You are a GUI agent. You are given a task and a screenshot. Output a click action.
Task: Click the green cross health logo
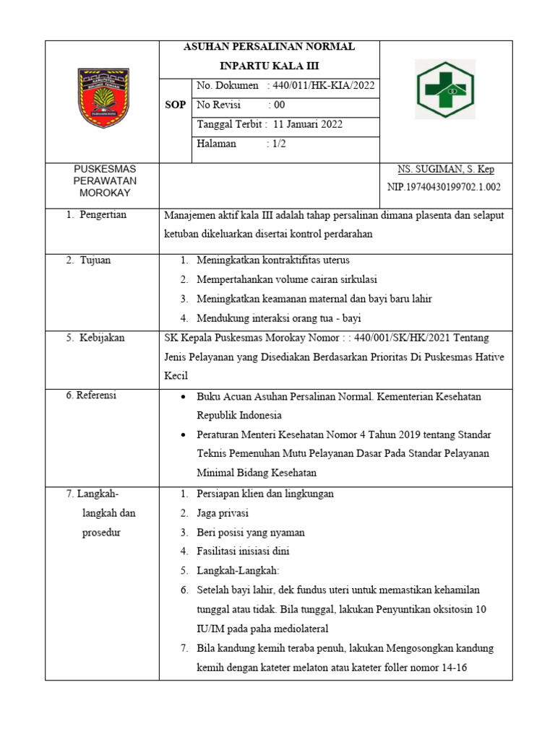(x=445, y=89)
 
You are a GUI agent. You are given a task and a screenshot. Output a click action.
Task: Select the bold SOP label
(x=176, y=105)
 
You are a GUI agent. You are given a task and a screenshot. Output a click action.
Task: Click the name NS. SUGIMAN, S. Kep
(x=446, y=170)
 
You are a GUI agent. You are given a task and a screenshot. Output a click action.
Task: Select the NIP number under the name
(x=444, y=187)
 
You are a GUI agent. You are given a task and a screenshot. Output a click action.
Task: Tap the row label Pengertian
(x=100, y=215)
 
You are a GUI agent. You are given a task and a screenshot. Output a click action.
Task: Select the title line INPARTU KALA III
(x=268, y=65)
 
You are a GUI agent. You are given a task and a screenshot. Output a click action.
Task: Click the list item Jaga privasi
(x=223, y=513)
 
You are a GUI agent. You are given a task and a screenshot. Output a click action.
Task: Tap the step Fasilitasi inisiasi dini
(x=243, y=551)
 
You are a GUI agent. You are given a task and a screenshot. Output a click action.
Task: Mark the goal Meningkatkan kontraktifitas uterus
(x=273, y=260)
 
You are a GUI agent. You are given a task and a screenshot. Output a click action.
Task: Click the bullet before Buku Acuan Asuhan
(x=185, y=397)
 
